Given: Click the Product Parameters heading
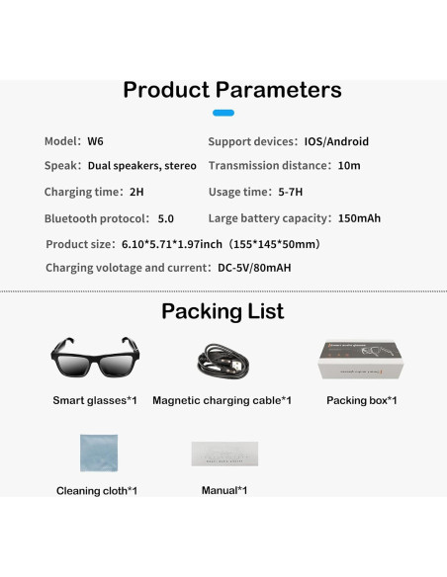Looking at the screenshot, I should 231,90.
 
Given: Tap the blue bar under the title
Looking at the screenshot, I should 223,114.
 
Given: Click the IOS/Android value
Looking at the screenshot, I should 335,141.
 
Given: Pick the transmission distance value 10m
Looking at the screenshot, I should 349,166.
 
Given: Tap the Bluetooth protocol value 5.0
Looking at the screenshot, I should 166,218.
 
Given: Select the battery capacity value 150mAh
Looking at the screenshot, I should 358,218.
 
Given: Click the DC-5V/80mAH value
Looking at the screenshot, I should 253,268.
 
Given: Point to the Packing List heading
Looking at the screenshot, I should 223,312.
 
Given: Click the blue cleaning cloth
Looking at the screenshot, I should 99,453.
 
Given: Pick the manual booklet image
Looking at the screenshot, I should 224,454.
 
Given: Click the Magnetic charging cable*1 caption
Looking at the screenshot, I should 223,400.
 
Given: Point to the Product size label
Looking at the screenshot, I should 82,243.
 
